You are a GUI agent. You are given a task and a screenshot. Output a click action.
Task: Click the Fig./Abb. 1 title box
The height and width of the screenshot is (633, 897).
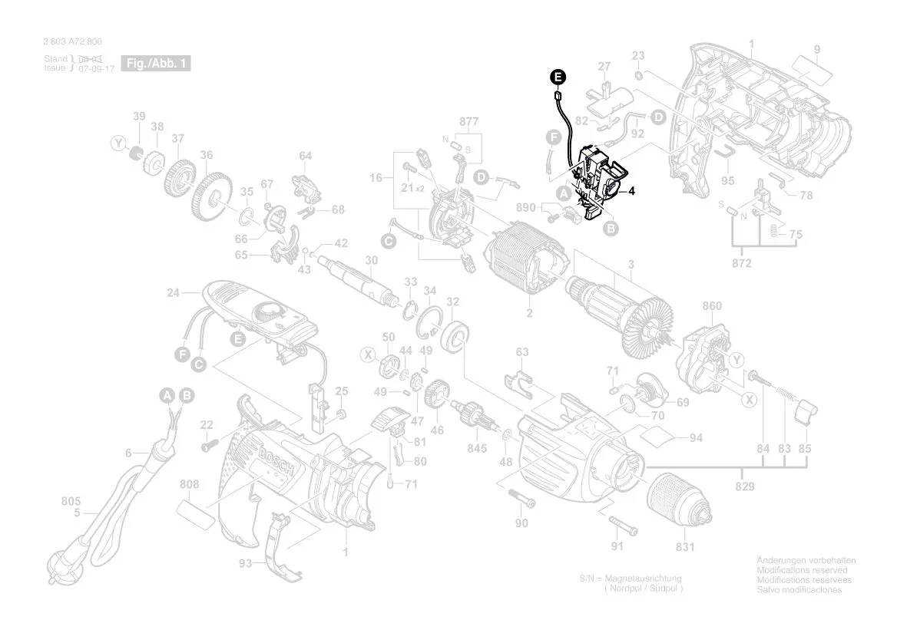tap(156, 64)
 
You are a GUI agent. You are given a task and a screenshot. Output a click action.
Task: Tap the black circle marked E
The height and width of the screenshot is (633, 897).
tap(558, 76)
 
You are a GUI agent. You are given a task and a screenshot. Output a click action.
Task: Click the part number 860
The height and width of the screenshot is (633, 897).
tap(712, 306)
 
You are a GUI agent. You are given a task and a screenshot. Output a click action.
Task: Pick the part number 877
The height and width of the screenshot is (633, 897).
tap(469, 121)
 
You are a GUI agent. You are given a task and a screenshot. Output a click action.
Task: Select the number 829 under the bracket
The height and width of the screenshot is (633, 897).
tap(744, 486)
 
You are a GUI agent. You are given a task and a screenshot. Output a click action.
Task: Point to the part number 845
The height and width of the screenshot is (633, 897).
tap(477, 448)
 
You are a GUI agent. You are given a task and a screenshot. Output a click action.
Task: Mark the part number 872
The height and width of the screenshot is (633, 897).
tap(742, 264)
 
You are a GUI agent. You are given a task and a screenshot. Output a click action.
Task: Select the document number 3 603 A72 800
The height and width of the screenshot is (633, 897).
tap(73, 42)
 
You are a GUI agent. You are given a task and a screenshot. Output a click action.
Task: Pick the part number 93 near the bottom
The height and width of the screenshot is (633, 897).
tap(245, 563)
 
